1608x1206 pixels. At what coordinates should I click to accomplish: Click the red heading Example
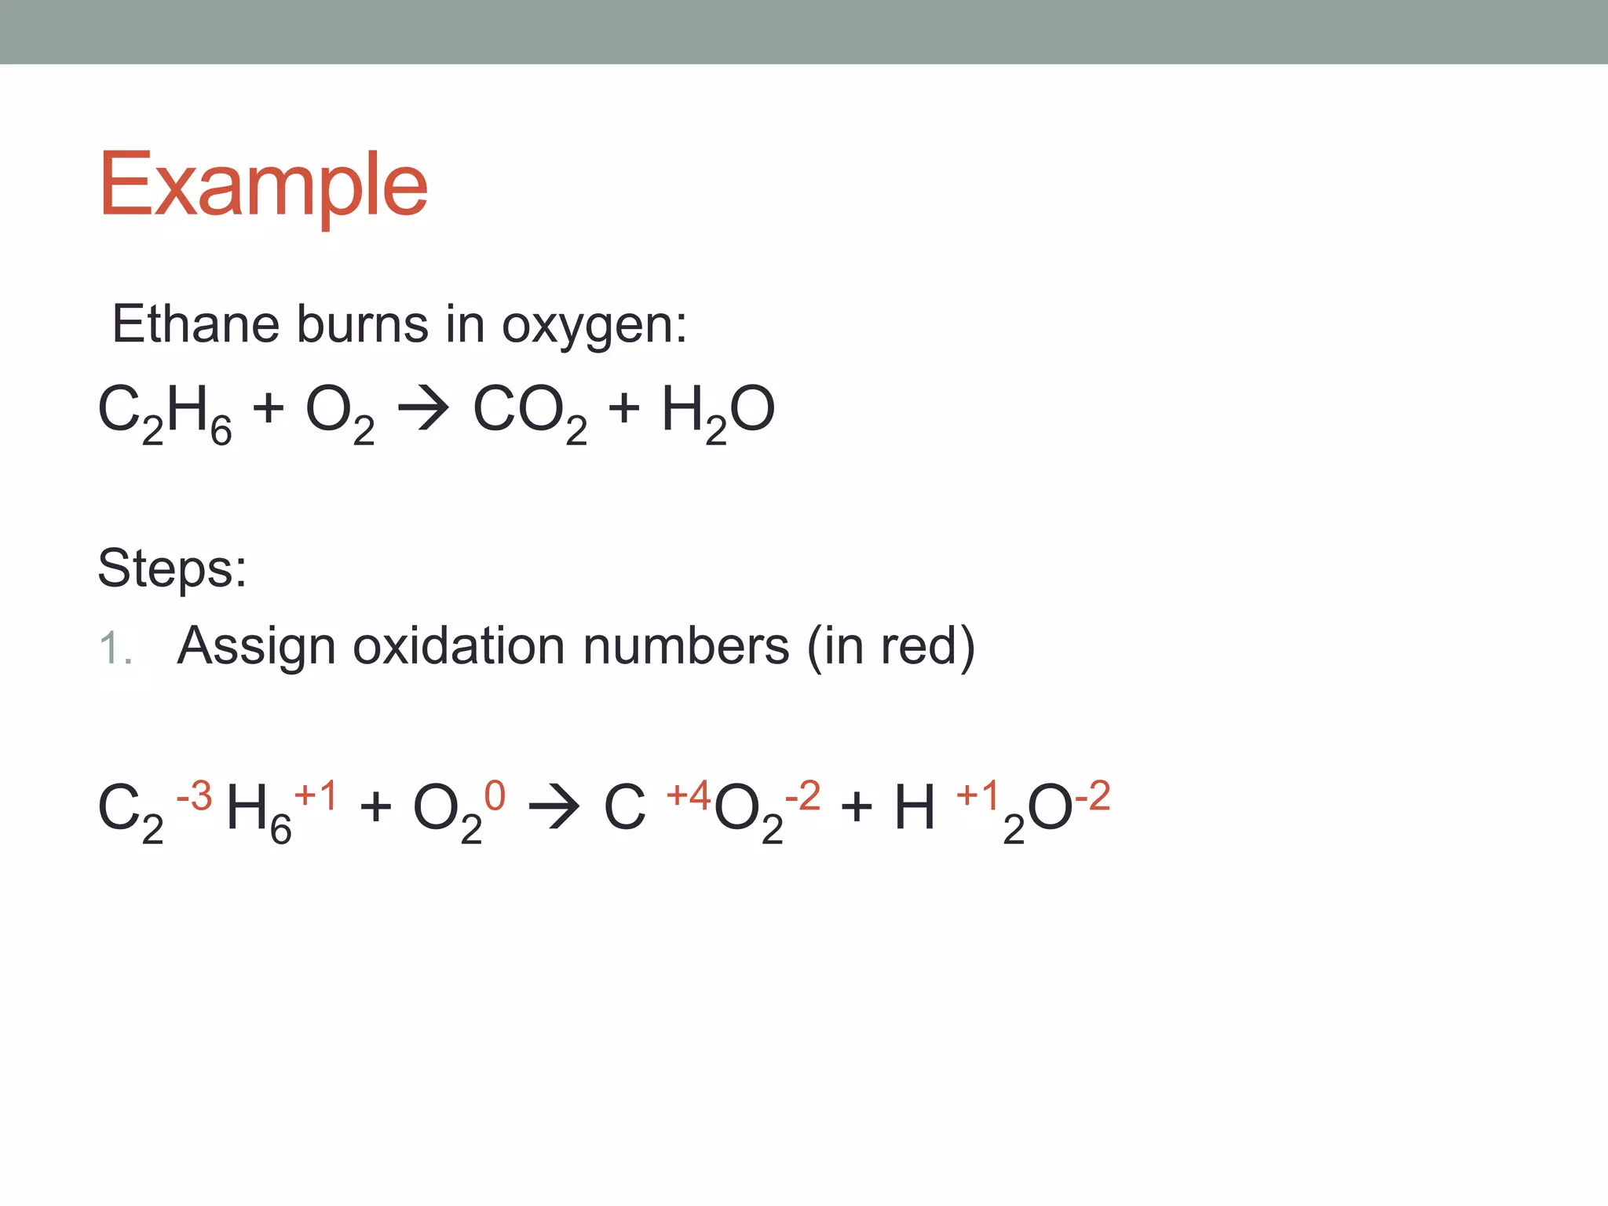[263, 185]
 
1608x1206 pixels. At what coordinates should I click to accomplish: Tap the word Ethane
[196, 323]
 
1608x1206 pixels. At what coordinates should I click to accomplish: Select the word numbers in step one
[685, 646]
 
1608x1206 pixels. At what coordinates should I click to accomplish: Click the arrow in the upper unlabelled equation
[423, 409]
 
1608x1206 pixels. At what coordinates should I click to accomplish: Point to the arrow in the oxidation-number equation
[554, 806]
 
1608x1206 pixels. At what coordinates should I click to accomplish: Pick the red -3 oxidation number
[194, 795]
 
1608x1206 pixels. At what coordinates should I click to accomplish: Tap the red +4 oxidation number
[689, 795]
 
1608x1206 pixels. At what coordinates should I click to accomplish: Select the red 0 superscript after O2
[495, 795]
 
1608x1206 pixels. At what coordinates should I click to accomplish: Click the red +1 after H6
[316, 795]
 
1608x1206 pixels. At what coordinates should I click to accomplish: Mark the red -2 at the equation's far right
[1092, 795]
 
